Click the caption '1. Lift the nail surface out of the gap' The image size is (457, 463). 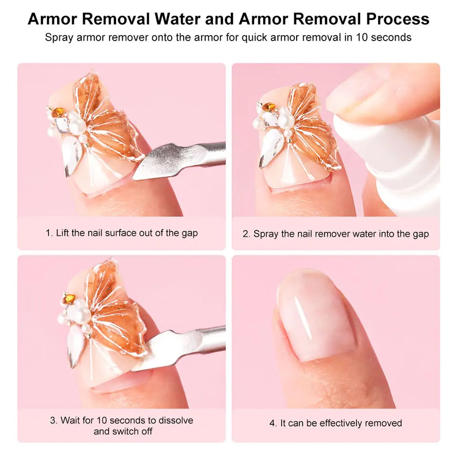pyautogui.click(x=121, y=233)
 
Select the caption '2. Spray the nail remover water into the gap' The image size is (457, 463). pyautogui.click(x=336, y=234)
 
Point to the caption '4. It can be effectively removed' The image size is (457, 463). pyautogui.click(x=336, y=423)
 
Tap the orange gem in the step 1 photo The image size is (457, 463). pyautogui.click(x=59, y=112)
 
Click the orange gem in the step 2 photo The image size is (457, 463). pyautogui.click(x=268, y=107)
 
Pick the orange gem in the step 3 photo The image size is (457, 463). pyautogui.click(x=69, y=299)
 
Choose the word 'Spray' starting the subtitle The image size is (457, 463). pyautogui.click(x=57, y=38)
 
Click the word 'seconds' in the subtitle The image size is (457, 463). pyautogui.click(x=391, y=38)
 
